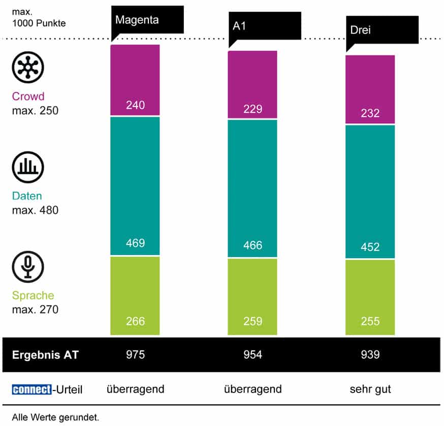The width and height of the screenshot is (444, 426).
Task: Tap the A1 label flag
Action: click(x=264, y=26)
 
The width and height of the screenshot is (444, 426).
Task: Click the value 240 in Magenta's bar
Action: click(x=135, y=105)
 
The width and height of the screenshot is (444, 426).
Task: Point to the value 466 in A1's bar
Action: click(x=252, y=245)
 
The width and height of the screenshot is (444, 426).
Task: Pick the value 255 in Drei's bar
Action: click(x=370, y=321)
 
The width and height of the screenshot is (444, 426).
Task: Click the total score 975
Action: click(x=135, y=354)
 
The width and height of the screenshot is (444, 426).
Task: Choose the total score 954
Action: click(x=252, y=354)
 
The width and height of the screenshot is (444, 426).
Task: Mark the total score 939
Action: click(x=370, y=354)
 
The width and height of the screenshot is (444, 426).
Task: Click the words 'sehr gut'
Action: click(x=370, y=389)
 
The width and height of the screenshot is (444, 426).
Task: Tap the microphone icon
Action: click(x=28, y=266)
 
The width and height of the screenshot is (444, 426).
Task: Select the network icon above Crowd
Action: click(x=28, y=66)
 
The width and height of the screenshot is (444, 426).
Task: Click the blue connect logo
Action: click(x=31, y=389)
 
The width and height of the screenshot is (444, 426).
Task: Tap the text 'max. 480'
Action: click(x=35, y=209)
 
